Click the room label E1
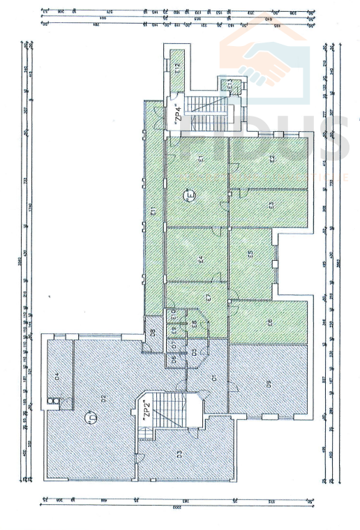tap(200, 159)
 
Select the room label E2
tap(271, 159)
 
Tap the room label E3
tap(271, 206)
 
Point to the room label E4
tap(200, 259)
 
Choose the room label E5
tap(250, 255)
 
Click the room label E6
tap(270, 322)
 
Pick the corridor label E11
tap(152, 211)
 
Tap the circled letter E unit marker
tap(188, 196)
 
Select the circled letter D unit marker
tap(90, 418)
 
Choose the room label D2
tap(102, 398)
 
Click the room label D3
tap(179, 455)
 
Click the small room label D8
tap(152, 331)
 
